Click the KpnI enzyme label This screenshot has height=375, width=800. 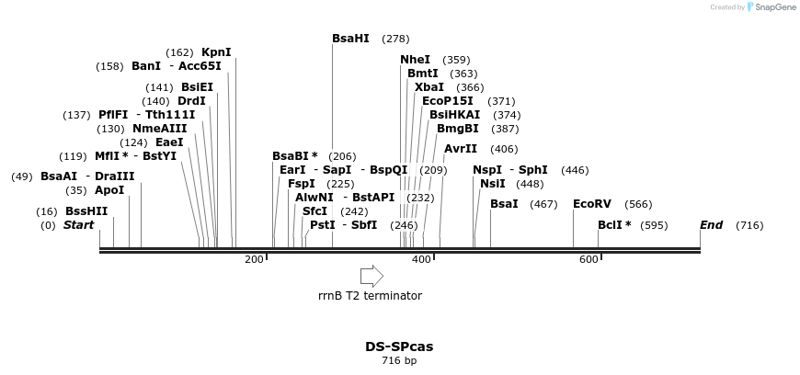click(x=216, y=52)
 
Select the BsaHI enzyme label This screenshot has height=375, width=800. click(x=350, y=39)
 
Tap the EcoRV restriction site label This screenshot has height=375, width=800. click(x=591, y=204)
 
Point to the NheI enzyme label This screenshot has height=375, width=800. click(x=415, y=60)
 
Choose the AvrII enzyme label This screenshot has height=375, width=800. click(x=461, y=149)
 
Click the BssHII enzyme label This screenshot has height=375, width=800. click(x=86, y=211)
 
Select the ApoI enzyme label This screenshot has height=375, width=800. click(x=109, y=190)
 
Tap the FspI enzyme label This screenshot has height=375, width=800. click(x=302, y=184)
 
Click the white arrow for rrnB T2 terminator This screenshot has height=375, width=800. click(x=371, y=276)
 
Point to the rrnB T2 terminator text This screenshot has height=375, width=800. click(x=370, y=296)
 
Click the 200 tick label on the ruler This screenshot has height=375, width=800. click(x=254, y=260)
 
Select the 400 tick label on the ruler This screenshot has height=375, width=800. click(x=421, y=260)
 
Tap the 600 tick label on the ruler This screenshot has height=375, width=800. click(x=589, y=260)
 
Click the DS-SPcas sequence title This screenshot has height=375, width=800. click(x=399, y=347)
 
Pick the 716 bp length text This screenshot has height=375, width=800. click(x=399, y=361)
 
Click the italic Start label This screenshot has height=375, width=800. click(x=78, y=225)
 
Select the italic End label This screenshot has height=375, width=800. click(x=711, y=225)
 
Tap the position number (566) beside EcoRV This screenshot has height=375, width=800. click(x=638, y=204)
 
